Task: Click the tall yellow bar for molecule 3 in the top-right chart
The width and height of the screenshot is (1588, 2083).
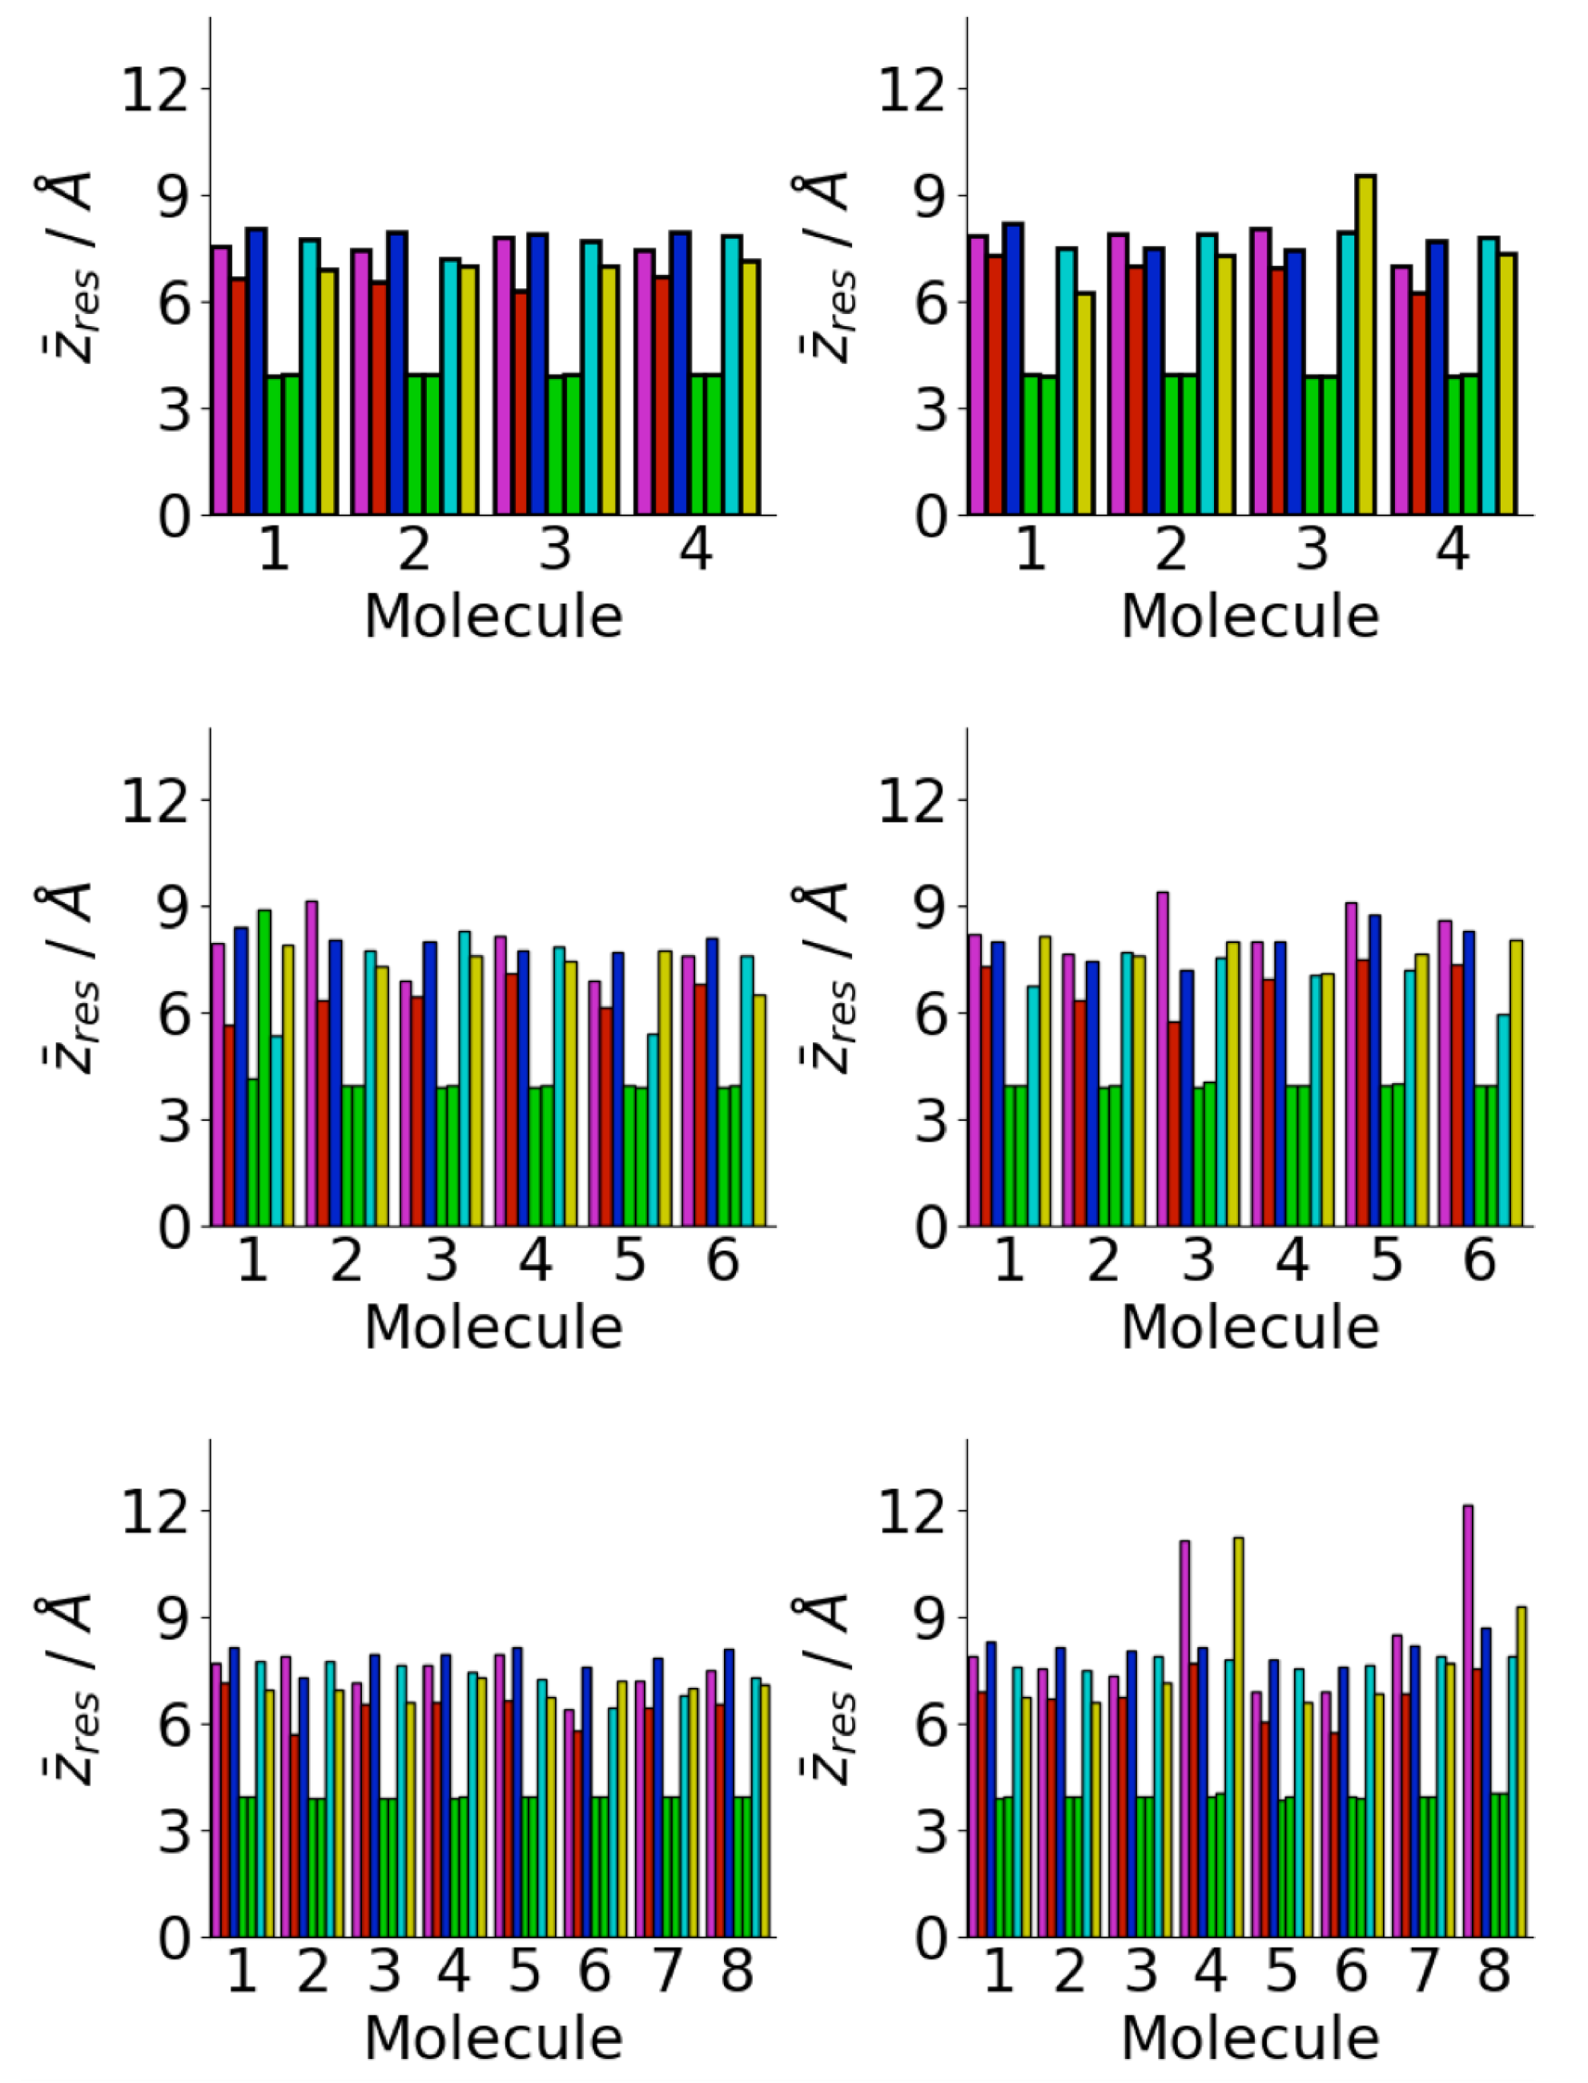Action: click(x=1365, y=345)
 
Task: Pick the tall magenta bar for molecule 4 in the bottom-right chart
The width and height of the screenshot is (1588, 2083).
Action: click(x=1184, y=1716)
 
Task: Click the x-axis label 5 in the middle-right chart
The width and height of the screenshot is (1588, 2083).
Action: click(x=1385, y=1261)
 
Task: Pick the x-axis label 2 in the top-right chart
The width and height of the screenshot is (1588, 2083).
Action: click(x=1170, y=550)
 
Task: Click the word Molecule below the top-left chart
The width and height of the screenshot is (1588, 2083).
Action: click(x=492, y=618)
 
